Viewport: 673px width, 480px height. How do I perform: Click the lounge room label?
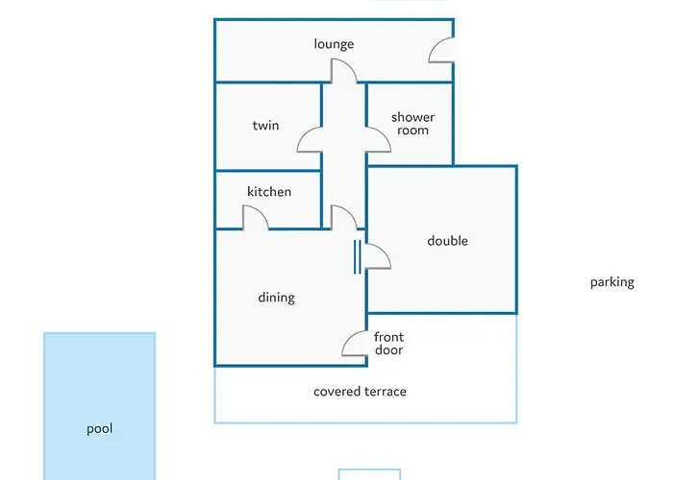tap(334, 44)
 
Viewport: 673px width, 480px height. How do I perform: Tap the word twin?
tap(265, 125)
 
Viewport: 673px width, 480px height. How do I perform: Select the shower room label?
tap(412, 124)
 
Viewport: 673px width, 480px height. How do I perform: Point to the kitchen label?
tap(269, 191)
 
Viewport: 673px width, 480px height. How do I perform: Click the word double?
tap(447, 240)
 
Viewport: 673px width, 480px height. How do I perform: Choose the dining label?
tap(277, 298)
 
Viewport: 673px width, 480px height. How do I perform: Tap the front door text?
tap(388, 344)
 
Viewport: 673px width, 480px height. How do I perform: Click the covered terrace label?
tap(360, 392)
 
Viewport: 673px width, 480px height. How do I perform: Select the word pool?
tap(100, 428)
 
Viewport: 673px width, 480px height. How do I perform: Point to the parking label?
tap(612, 282)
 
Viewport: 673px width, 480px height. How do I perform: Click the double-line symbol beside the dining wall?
tap(357, 256)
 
